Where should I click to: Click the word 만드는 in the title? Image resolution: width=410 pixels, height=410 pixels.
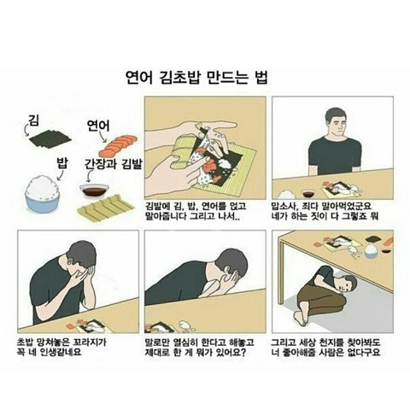pyautogui.click(x=225, y=78)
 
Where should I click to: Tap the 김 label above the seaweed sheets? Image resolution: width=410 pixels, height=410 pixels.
pyautogui.click(x=34, y=120)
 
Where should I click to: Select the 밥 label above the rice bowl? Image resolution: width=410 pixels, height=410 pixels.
pyautogui.click(x=61, y=163)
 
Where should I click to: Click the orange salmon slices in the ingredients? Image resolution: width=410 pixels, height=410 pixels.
pyautogui.click(x=118, y=143)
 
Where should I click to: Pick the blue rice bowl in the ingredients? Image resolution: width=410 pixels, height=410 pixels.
pyautogui.click(x=43, y=194)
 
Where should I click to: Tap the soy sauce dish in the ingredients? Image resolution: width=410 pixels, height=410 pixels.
pyautogui.click(x=94, y=190)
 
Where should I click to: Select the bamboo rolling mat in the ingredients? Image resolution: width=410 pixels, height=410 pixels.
pyautogui.click(x=106, y=208)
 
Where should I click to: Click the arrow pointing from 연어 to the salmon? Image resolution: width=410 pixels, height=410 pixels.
pyautogui.click(x=101, y=136)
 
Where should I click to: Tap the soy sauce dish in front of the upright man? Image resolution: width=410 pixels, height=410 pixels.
pyautogui.click(x=307, y=193)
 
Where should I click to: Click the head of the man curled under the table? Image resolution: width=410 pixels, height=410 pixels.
pyautogui.click(x=348, y=285)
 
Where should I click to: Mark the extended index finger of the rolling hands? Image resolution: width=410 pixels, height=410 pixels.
pyautogui.click(x=224, y=126)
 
